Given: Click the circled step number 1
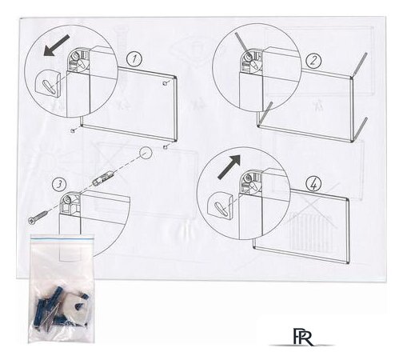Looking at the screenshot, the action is (x=134, y=58).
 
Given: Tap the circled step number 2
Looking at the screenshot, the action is (x=313, y=61).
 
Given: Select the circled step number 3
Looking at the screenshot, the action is (x=59, y=184).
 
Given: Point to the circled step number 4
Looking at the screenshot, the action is (x=313, y=184).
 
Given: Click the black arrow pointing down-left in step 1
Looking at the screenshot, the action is (x=57, y=46).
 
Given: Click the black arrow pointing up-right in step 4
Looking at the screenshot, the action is (x=229, y=166).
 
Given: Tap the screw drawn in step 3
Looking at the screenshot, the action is (x=38, y=217).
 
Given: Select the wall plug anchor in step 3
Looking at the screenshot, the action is (x=103, y=178).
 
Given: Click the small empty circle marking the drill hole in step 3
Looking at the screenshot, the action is (x=146, y=153).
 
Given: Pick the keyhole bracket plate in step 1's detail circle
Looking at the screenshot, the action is (x=48, y=85).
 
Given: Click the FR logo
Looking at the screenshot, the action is (x=303, y=337).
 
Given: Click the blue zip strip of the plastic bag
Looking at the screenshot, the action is (x=62, y=240).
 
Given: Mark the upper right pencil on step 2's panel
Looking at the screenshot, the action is (x=360, y=64).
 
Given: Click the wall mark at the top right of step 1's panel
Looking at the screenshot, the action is (x=165, y=83).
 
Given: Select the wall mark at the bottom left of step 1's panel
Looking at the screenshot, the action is (x=73, y=130).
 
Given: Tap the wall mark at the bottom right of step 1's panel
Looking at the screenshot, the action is (x=166, y=146).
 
